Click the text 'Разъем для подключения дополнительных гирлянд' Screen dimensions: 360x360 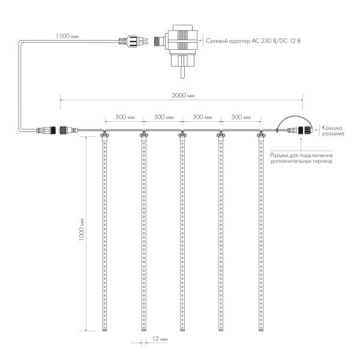tap(302, 158)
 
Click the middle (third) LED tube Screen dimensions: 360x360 tap(182, 234)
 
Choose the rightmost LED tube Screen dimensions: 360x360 tap(261, 234)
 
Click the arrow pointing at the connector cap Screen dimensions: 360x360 tap(316, 128)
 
